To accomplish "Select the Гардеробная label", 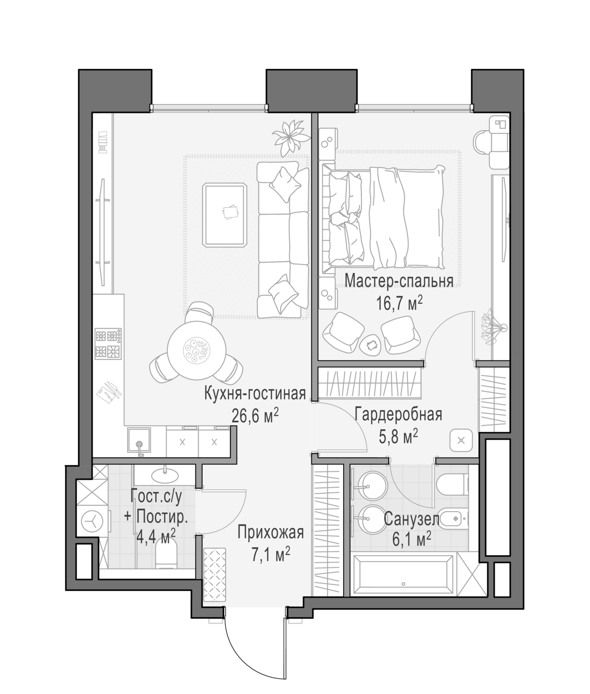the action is (x=398, y=415).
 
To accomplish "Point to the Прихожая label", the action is (x=271, y=532).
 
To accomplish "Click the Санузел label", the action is (x=412, y=520).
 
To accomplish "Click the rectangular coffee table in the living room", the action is (x=224, y=215).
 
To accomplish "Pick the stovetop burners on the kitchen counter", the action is (x=108, y=344).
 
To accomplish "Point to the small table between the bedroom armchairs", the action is (x=371, y=345).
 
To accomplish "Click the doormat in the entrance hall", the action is (x=215, y=574).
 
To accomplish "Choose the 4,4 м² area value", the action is (x=156, y=537).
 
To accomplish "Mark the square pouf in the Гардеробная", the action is (x=461, y=441).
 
